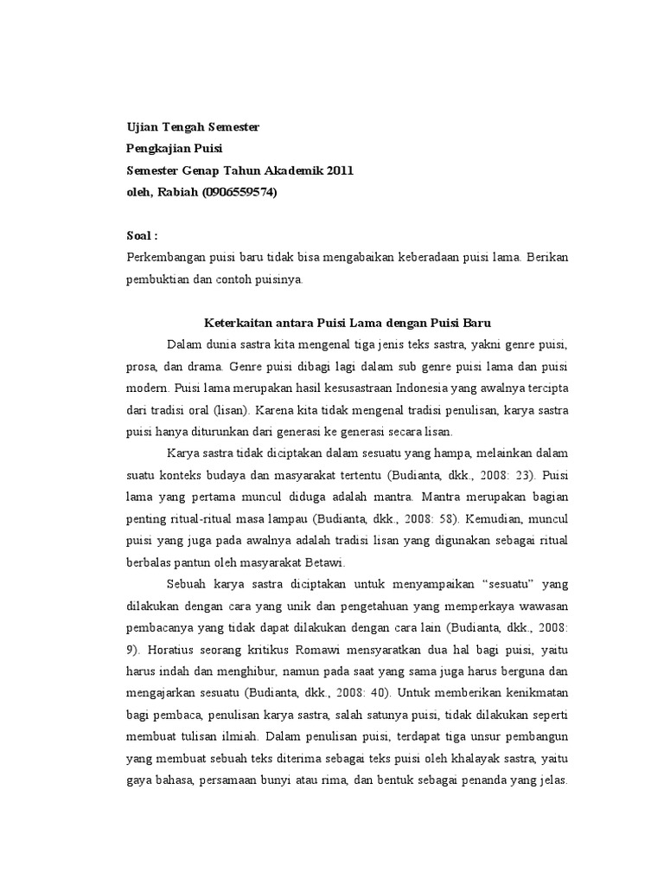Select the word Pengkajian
point(159,149)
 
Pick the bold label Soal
point(142,235)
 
